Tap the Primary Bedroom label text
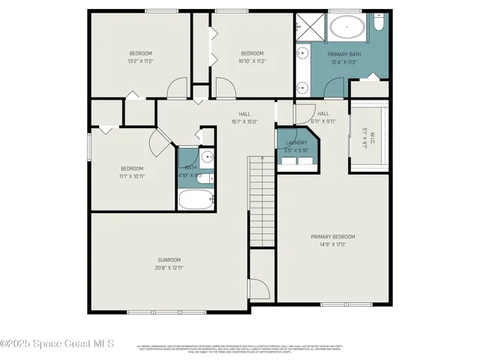click(x=333, y=236)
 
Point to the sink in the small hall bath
click(x=207, y=158)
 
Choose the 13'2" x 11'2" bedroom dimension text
click(x=141, y=61)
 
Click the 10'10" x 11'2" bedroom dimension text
click(x=252, y=61)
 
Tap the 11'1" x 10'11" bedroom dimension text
click(x=132, y=177)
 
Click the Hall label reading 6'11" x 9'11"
click(x=322, y=120)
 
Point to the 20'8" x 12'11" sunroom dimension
click(x=169, y=267)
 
